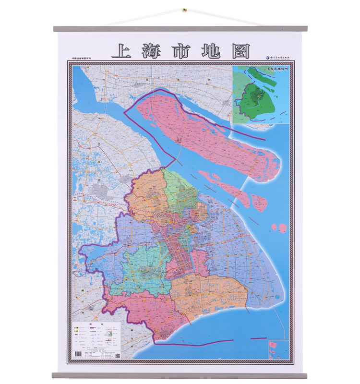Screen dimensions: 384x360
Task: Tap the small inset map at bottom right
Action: [x=279, y=349]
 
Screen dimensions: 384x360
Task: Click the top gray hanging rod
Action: [x=180, y=29]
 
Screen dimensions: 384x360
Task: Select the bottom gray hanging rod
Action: [x=180, y=375]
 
